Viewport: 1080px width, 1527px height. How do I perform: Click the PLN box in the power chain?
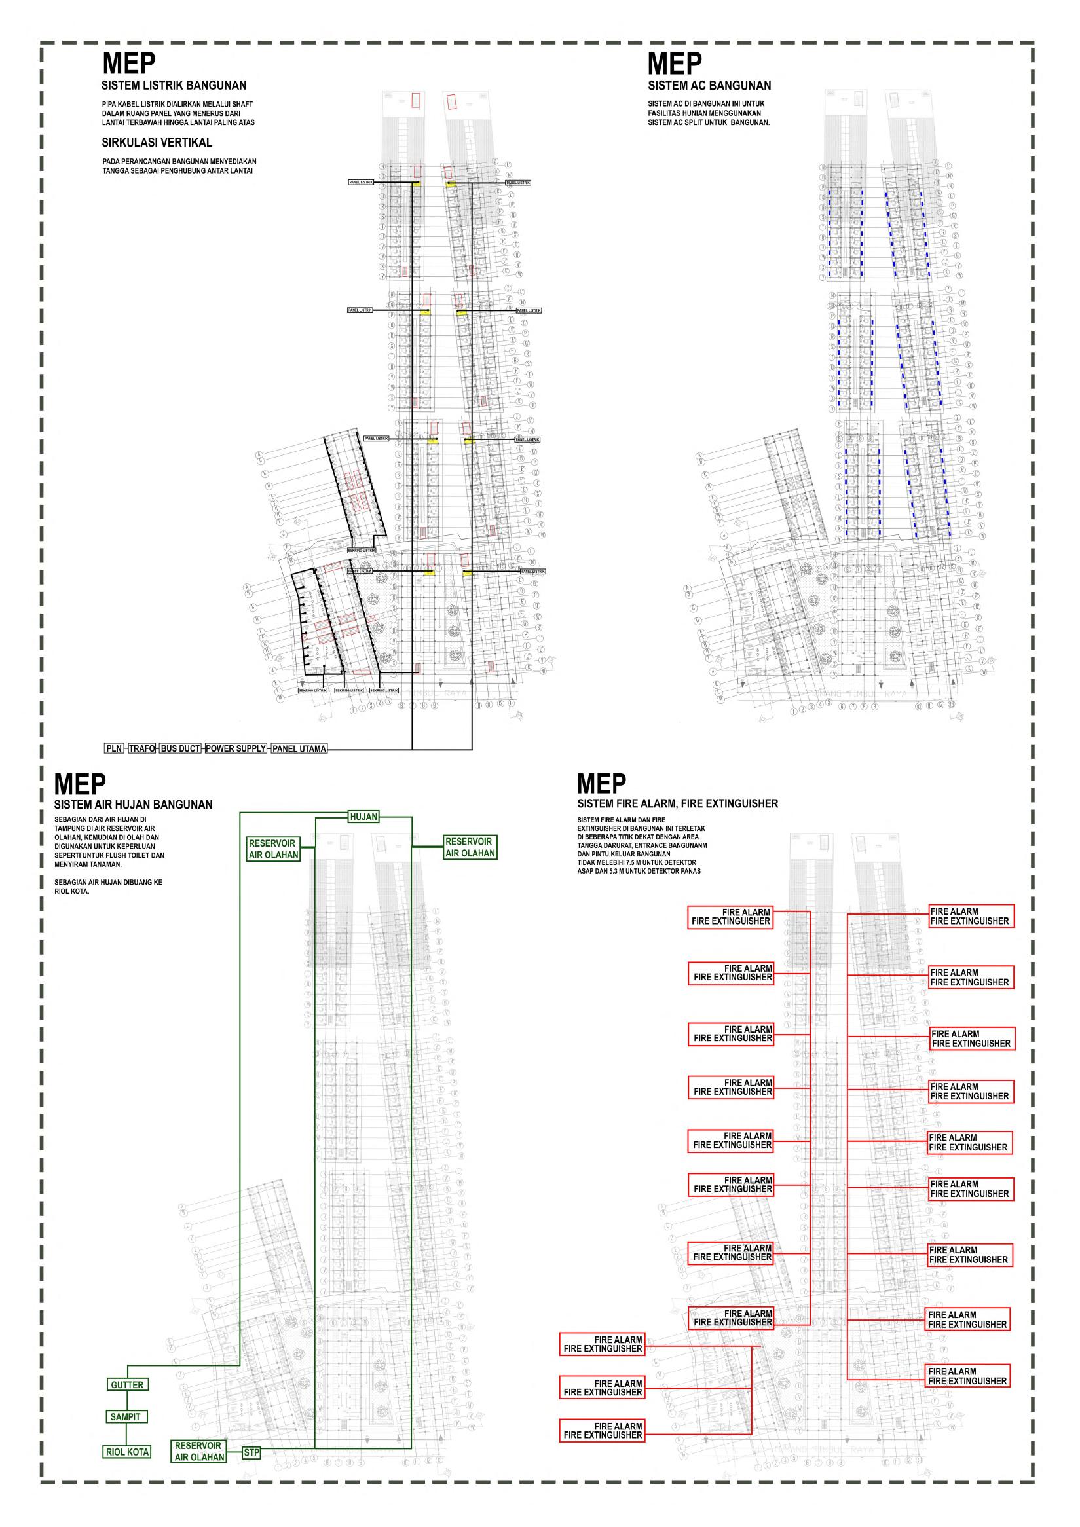[x=115, y=748]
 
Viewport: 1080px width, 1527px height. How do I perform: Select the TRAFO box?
[x=141, y=748]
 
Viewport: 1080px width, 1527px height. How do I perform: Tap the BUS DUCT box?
[x=180, y=748]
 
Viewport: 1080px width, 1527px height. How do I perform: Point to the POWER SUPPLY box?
[x=235, y=748]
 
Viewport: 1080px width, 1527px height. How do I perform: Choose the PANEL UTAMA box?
[x=299, y=749]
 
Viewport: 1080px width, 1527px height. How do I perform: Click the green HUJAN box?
[x=363, y=817]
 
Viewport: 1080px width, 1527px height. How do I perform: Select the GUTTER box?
[x=127, y=1385]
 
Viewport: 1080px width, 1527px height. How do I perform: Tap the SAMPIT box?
[x=126, y=1416]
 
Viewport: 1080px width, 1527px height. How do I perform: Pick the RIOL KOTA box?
[x=128, y=1452]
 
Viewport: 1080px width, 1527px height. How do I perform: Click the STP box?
[x=251, y=1452]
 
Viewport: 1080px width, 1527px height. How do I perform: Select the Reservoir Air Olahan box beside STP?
[x=199, y=1451]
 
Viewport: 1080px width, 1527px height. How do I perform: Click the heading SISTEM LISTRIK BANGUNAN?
[x=174, y=85]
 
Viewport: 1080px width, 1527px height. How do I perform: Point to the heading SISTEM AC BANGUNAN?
[x=709, y=85]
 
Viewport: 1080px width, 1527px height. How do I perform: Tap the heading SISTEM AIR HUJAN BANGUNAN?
[x=133, y=805]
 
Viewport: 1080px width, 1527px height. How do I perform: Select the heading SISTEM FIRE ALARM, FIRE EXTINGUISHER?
[x=677, y=803]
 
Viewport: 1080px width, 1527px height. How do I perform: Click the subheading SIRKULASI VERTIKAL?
[x=157, y=142]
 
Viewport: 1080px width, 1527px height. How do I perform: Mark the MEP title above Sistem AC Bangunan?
[x=675, y=64]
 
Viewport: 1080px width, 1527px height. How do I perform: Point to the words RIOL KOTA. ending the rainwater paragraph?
[x=72, y=892]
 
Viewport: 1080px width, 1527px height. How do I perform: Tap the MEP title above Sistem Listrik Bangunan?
[x=129, y=64]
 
